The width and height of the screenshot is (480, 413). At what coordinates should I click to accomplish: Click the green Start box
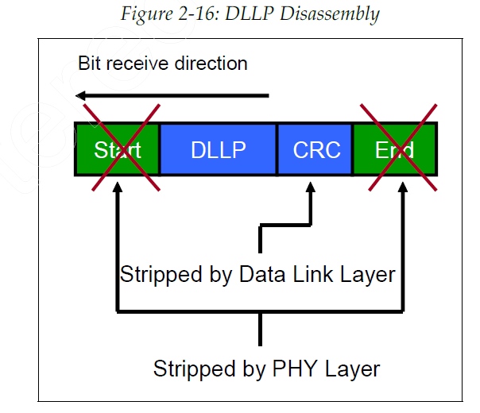click(x=117, y=149)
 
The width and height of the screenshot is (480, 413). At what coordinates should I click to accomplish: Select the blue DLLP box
click(x=218, y=149)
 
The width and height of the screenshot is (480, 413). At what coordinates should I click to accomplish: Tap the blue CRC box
click(x=316, y=149)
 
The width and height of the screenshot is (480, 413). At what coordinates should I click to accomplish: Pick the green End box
click(x=395, y=149)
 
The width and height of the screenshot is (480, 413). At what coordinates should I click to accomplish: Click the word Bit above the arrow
click(x=91, y=64)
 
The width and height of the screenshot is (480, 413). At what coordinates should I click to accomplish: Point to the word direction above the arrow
click(x=210, y=64)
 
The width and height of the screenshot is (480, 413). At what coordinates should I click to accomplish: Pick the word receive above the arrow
click(x=139, y=64)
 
